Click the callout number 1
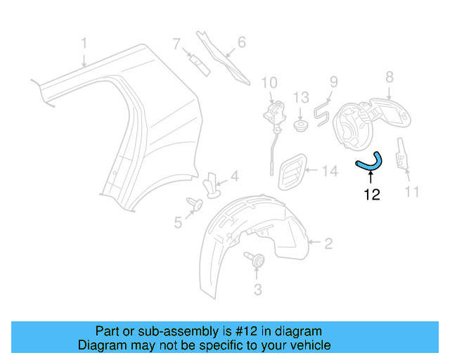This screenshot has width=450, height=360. [x=84, y=44]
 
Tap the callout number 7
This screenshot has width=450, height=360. [x=177, y=45]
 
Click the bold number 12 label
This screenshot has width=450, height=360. [x=371, y=195]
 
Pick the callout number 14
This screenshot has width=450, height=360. [x=330, y=170]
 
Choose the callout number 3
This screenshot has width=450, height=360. [x=257, y=288]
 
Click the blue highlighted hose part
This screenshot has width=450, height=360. [x=370, y=163]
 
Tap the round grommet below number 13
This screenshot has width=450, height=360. [x=301, y=127]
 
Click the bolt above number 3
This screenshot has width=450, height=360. [x=255, y=261]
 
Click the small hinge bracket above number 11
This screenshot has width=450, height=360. [x=401, y=155]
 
